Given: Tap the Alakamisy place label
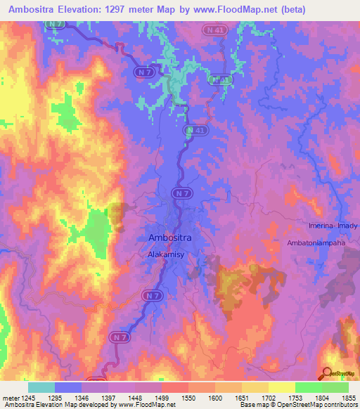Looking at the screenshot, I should point(166,256).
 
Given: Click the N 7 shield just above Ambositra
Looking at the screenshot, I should point(182,193).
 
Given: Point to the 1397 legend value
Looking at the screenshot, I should point(109,398).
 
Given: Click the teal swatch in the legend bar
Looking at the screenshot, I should point(41,387).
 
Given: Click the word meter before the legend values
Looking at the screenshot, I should point(10,398).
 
